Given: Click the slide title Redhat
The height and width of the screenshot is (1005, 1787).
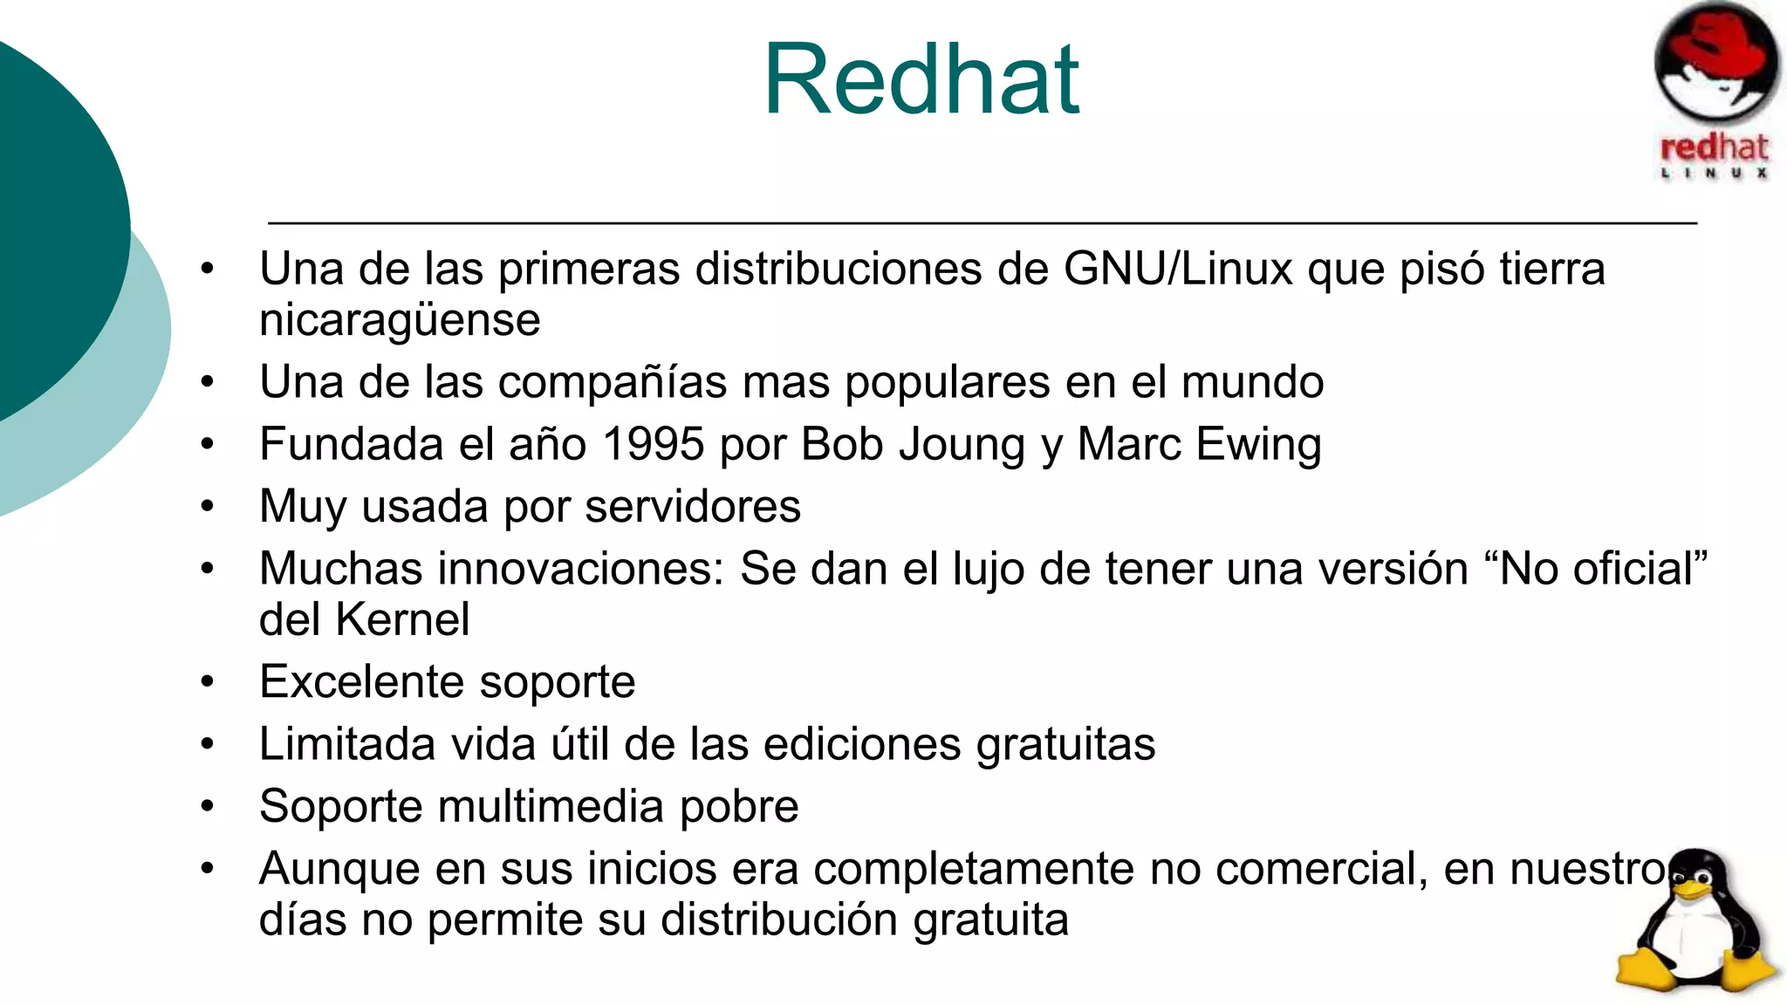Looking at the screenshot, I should click(x=921, y=80).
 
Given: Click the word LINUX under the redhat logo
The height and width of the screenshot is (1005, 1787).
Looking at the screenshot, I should click(x=1715, y=173).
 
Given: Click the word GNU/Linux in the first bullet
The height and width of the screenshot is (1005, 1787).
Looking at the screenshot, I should click(x=1178, y=269).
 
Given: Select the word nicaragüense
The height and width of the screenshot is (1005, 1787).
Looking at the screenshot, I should click(x=400, y=320).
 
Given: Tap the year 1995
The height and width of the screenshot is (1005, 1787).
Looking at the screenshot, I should click(x=653, y=444).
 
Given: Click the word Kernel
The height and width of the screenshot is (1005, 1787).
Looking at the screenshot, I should click(x=402, y=620).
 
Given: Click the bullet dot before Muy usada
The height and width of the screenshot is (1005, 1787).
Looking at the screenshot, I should click(x=207, y=506).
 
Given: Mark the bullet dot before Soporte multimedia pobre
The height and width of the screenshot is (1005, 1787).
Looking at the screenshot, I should click(x=207, y=805).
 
